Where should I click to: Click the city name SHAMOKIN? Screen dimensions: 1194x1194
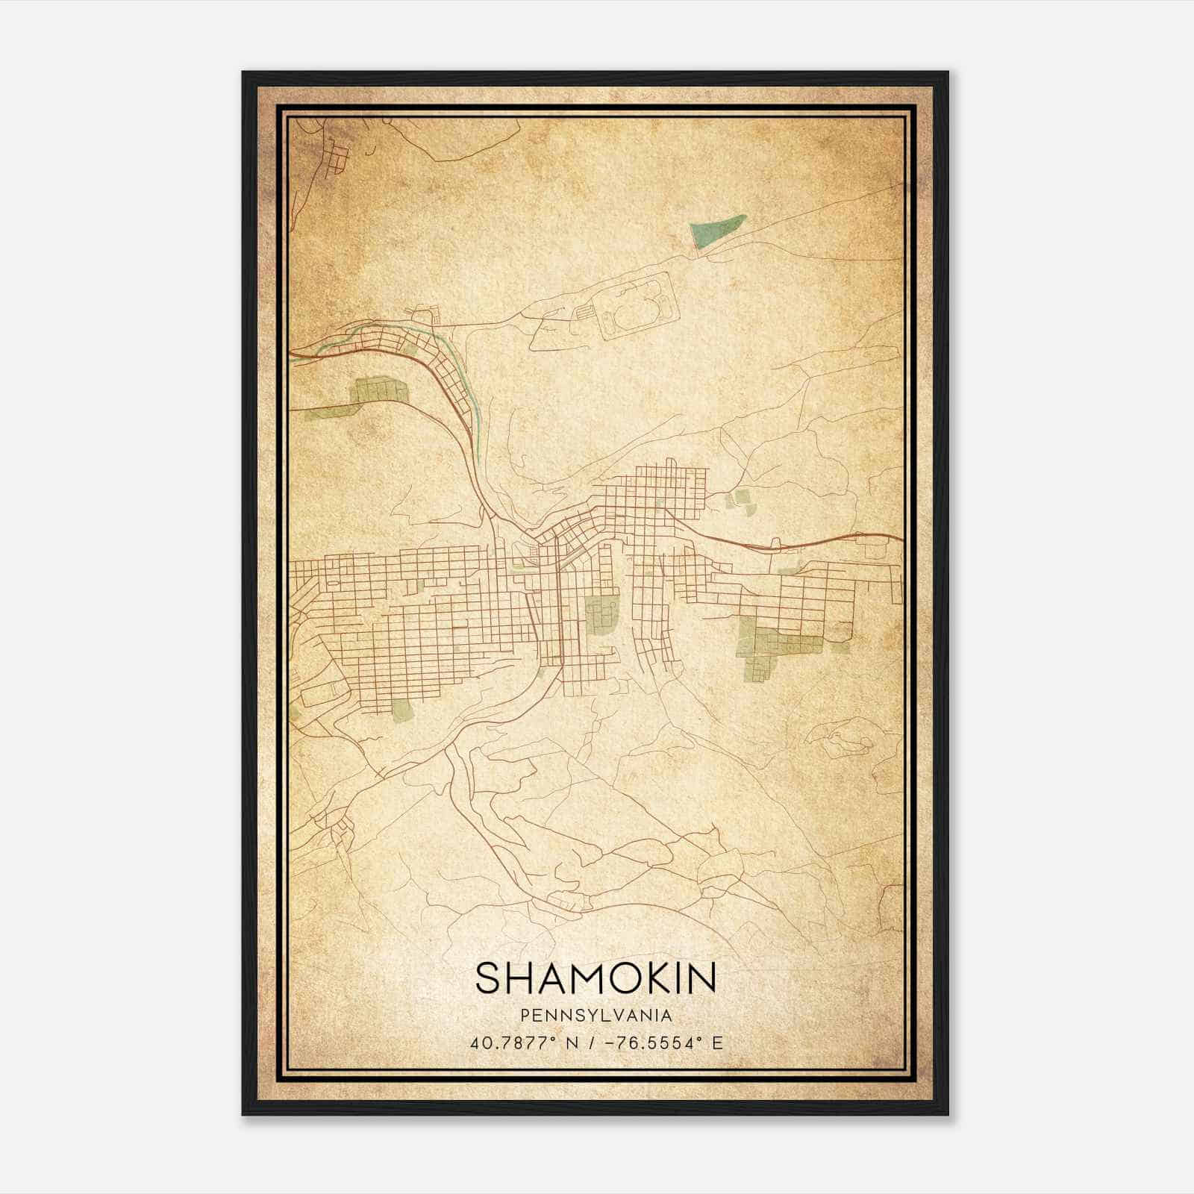[596, 978]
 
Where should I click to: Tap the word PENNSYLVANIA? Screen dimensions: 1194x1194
[596, 1016]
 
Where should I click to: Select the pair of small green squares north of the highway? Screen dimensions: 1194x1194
[741, 501]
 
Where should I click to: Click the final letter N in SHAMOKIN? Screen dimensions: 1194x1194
[702, 978]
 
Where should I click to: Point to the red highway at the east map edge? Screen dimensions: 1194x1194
[881, 536]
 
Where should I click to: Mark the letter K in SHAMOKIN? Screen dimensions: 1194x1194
[646, 978]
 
